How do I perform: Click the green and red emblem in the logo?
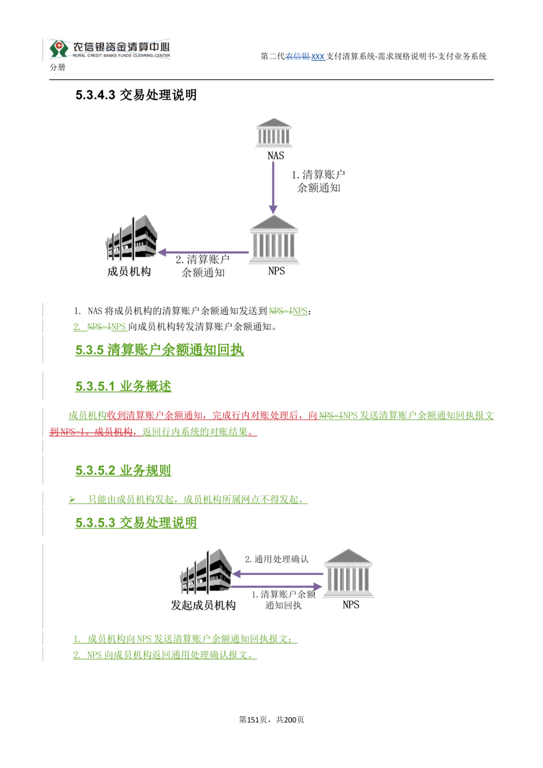[59, 48]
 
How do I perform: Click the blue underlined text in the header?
[307, 57]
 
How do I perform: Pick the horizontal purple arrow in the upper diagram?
[203, 252]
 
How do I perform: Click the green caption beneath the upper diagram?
[288, 311]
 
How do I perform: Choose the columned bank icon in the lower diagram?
[350, 573]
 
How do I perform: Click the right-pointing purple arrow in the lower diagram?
[278, 587]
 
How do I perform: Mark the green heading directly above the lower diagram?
[136, 523]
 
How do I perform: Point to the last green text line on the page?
[166, 655]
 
